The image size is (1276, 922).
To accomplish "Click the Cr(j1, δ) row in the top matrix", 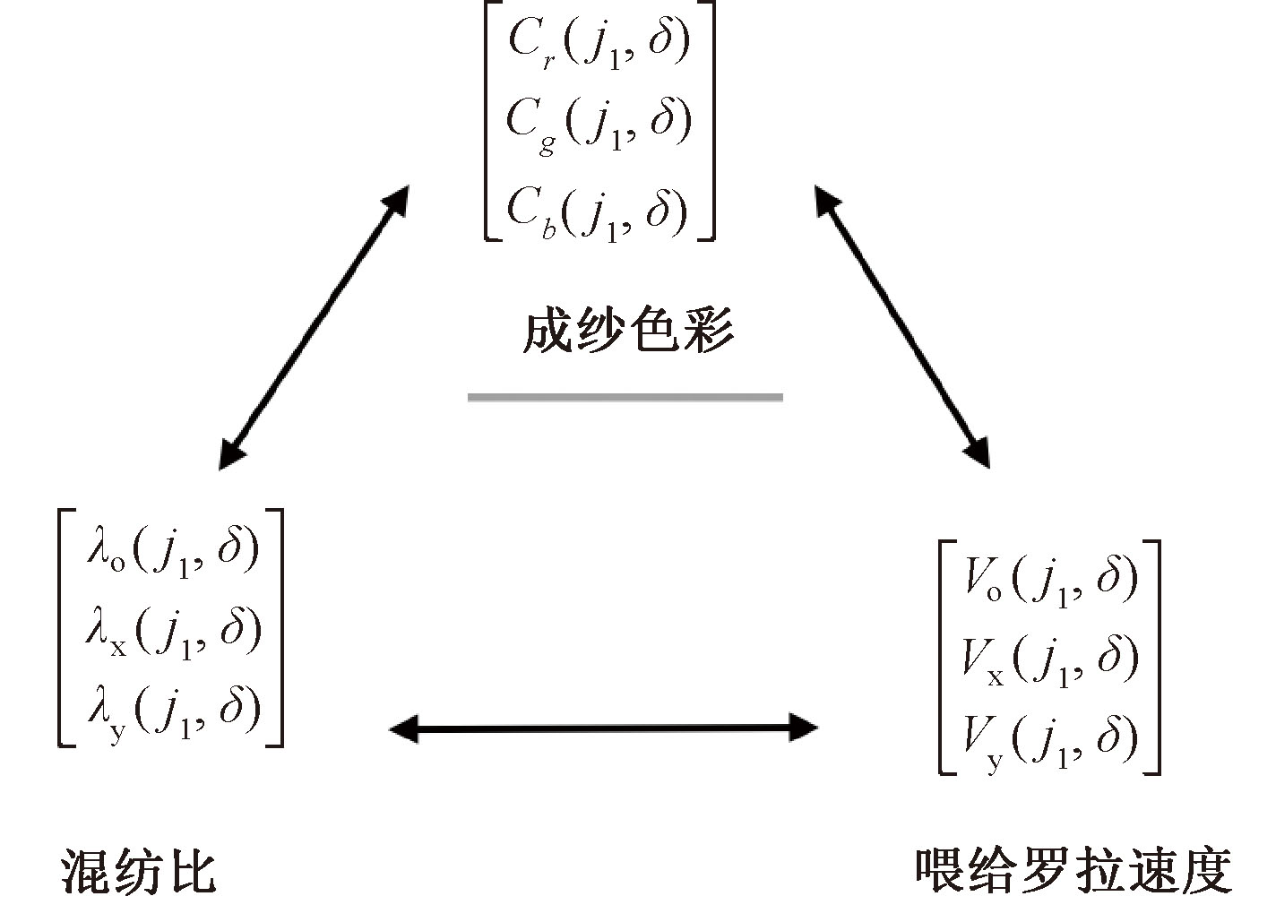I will click(x=599, y=41).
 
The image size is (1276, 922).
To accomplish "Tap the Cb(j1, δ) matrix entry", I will click(x=599, y=210).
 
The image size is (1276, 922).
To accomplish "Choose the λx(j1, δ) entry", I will click(x=172, y=628).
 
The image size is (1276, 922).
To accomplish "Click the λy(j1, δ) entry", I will click(x=172, y=707).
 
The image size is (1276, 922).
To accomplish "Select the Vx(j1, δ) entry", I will click(x=1048, y=659).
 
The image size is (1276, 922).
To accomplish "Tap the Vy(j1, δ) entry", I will click(x=1048, y=738).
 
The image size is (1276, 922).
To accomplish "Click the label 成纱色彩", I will click(x=628, y=332).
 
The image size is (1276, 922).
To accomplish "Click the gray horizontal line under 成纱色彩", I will click(x=625, y=397).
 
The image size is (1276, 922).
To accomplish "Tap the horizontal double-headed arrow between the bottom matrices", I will click(x=603, y=728).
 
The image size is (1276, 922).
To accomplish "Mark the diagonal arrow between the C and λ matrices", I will click(x=314, y=327).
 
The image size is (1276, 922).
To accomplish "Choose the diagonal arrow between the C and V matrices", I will click(x=902, y=327).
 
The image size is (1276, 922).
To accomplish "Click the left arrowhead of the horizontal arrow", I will click(x=400, y=728).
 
